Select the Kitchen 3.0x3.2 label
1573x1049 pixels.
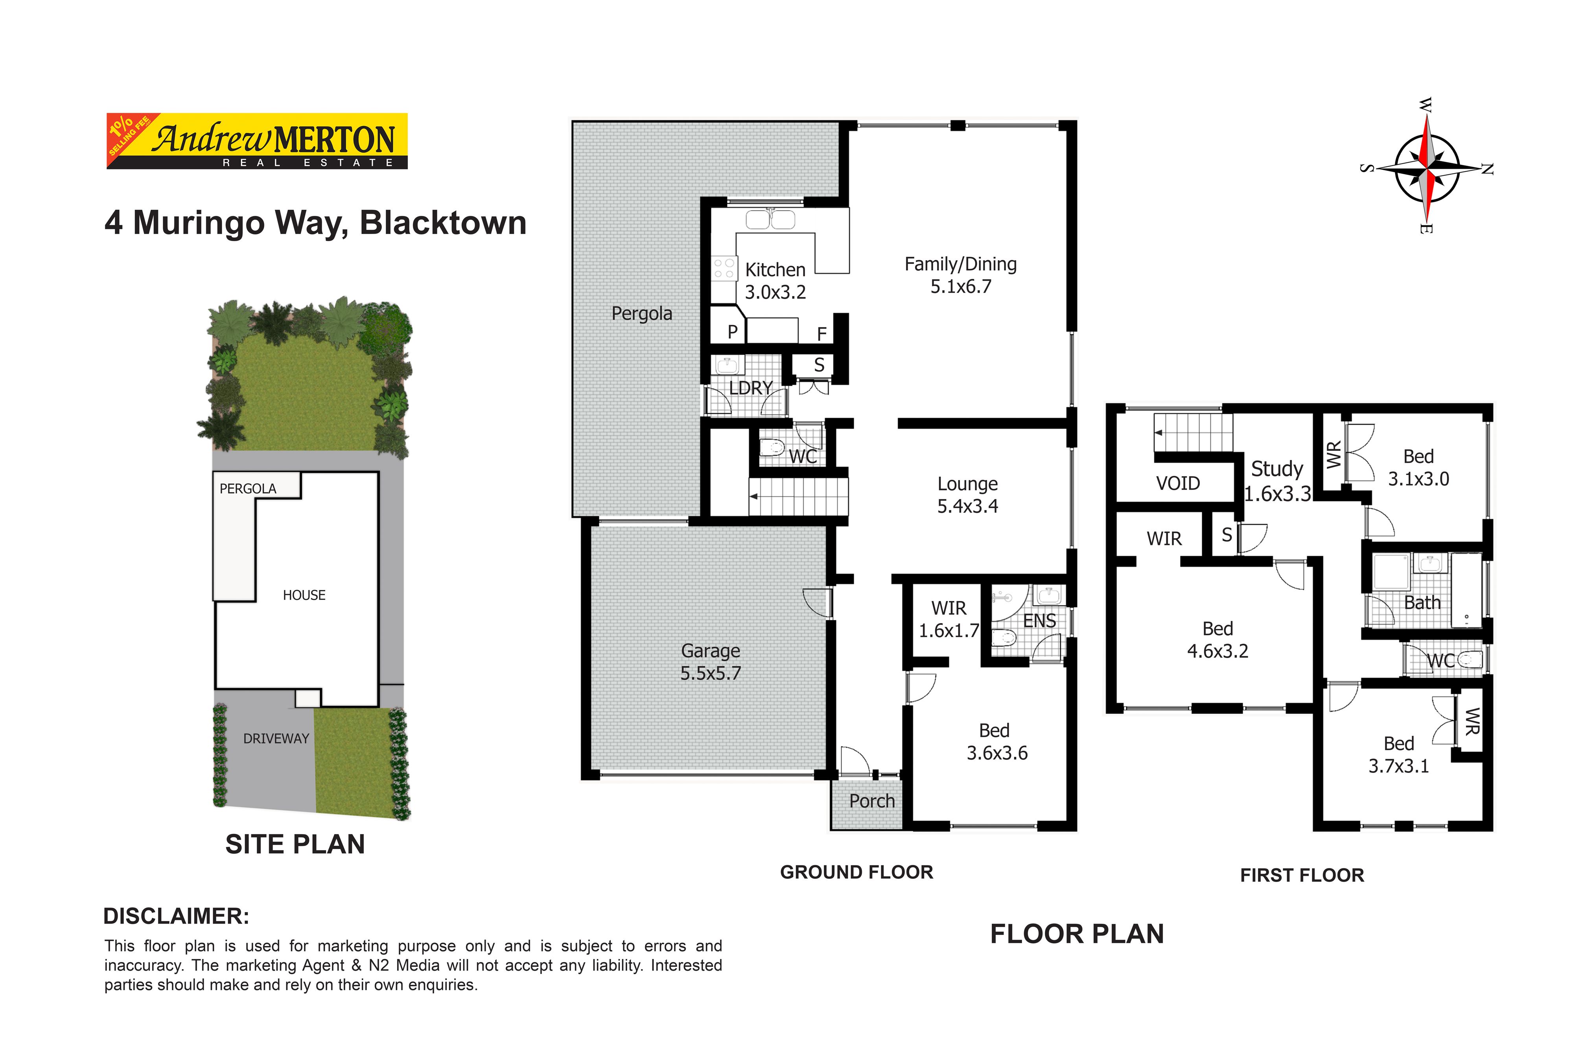point(776,281)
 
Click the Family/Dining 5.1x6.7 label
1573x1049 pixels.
point(961,275)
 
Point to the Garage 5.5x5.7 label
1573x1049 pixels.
point(711,662)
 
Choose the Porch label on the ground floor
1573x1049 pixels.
point(872,801)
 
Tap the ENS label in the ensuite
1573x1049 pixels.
point(1040,621)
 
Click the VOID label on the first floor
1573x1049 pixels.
point(1179,483)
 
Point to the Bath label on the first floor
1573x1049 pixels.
point(1422,603)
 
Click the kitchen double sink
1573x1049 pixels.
point(770,219)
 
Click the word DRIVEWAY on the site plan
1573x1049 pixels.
point(276,739)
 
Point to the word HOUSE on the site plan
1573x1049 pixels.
point(304,595)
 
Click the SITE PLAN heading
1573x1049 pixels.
point(295,844)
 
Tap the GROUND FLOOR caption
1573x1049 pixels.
point(857,872)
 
